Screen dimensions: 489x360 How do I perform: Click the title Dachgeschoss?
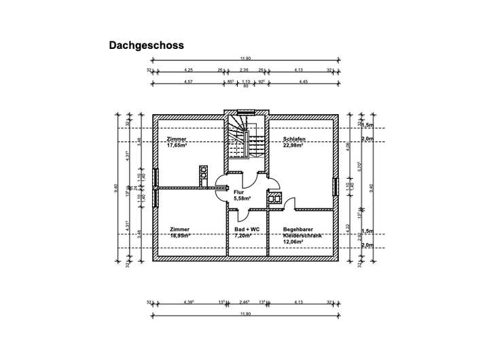pos(147,46)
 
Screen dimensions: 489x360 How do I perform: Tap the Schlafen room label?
pos(294,139)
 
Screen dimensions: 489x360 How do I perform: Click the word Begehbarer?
pos(298,229)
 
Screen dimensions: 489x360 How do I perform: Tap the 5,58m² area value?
pos(243,198)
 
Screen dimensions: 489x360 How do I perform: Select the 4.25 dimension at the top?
pos(189,69)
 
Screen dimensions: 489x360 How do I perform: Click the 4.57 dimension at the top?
pos(189,82)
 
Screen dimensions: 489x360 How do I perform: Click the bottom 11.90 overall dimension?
pos(244,314)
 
